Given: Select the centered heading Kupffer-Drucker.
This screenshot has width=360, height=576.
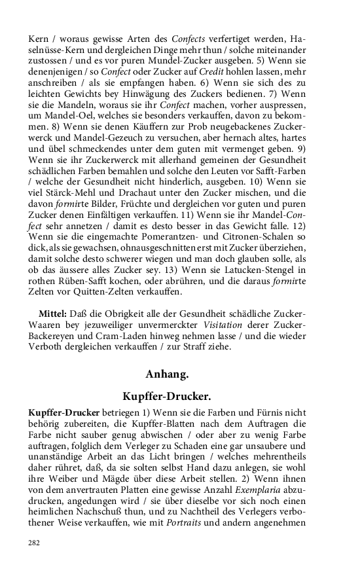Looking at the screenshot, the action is (166, 397).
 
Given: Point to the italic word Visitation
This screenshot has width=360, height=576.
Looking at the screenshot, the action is (223, 326).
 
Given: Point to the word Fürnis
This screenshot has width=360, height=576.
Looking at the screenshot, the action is (269, 413).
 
